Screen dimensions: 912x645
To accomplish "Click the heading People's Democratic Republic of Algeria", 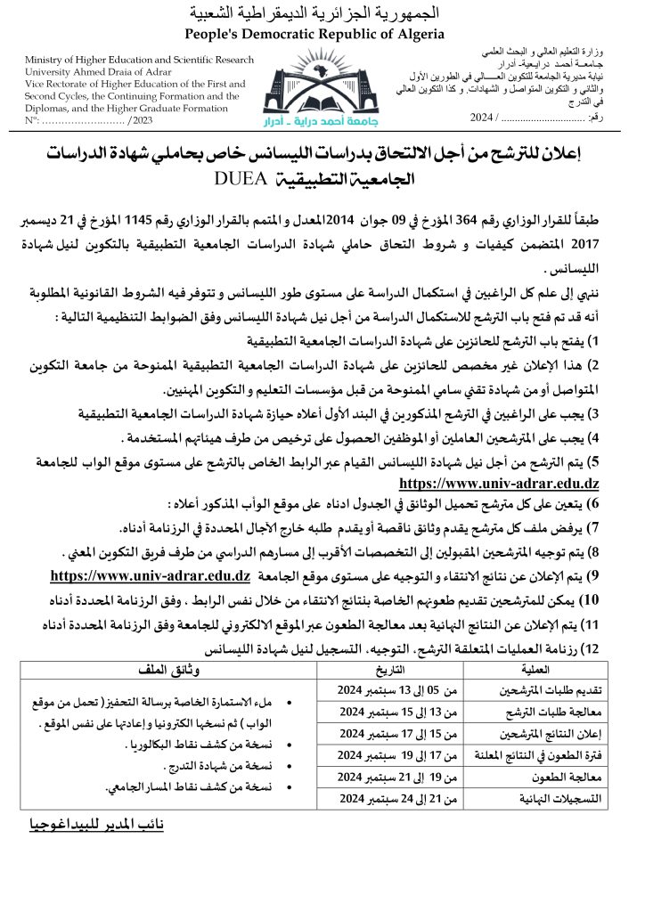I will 313,35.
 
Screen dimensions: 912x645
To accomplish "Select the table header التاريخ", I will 386,670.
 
